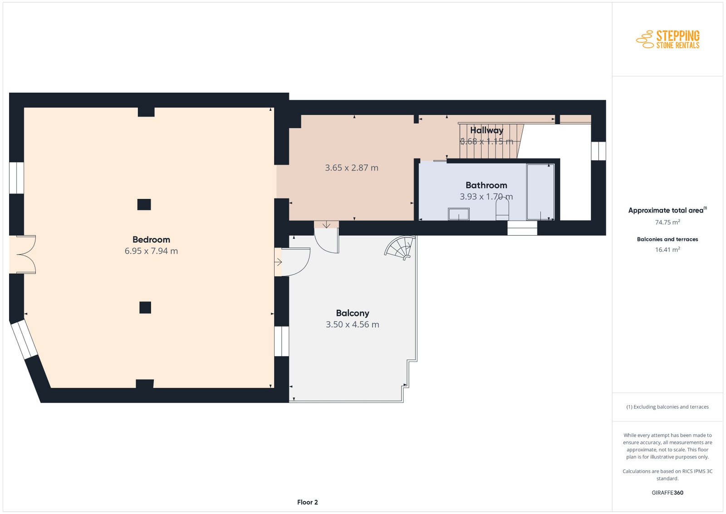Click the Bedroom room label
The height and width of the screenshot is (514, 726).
tap(151, 240)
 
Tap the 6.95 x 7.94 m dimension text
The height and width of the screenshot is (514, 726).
tap(151, 251)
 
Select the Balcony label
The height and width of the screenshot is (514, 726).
tap(352, 313)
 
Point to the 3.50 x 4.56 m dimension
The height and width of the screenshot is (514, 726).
tap(352, 325)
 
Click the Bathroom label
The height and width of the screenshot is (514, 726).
tap(486, 186)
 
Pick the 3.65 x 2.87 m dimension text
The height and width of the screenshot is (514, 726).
tap(352, 168)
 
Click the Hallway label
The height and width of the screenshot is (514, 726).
tap(486, 130)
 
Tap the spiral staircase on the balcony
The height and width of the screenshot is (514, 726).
tap(400, 248)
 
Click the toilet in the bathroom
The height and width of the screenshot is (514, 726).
tap(502, 210)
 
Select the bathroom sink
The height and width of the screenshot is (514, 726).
tap(459, 214)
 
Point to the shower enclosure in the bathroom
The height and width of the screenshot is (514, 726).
tap(540, 193)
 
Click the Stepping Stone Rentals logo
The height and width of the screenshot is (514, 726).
tap(667, 40)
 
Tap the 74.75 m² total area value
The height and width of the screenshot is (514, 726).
tap(667, 222)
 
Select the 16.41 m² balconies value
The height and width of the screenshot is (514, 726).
tap(667, 250)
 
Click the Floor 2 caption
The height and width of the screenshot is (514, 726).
tap(307, 502)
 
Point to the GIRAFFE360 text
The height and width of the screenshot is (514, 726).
tap(667, 493)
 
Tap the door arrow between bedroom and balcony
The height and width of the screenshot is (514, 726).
tap(278, 262)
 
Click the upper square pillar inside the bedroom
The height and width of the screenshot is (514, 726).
tap(144, 205)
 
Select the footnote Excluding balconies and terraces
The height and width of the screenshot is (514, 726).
tap(667, 407)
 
